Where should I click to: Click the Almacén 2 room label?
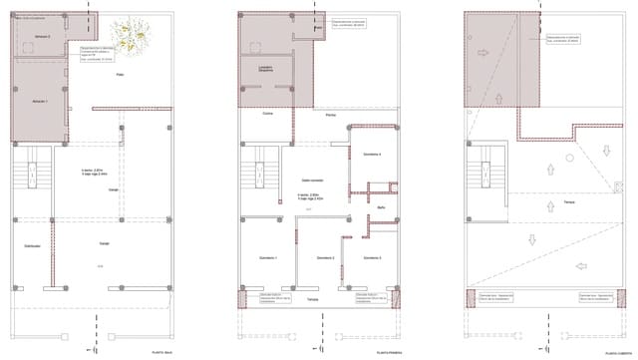pyautogui.click(x=42, y=36)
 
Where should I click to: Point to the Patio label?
pyautogui.click(x=120, y=76)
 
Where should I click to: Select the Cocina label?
pyautogui.click(x=268, y=114)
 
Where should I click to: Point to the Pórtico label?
pyautogui.click(x=330, y=116)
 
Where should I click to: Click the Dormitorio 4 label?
pyautogui.click(x=372, y=155)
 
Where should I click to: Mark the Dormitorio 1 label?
pyautogui.click(x=268, y=257)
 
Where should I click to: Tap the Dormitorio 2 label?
pyautogui.click(x=325, y=257)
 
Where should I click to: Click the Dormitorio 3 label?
pyautogui.click(x=371, y=257)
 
